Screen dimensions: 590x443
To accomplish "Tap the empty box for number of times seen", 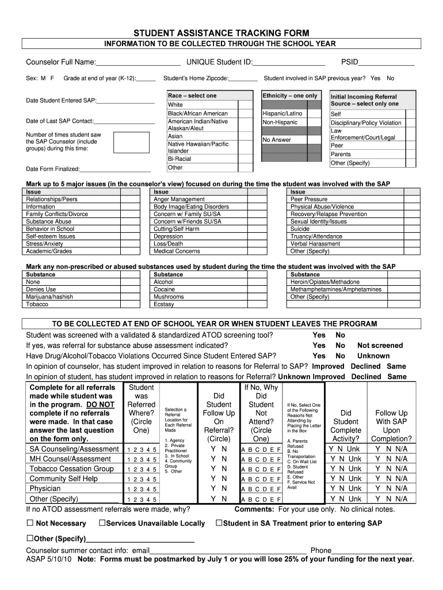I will pyautogui.click(x=131, y=143).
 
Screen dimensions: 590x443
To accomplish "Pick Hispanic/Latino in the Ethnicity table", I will pyautogui.click(x=282, y=114).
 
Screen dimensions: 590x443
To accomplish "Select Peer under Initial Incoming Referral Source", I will pyautogui.click(x=337, y=146).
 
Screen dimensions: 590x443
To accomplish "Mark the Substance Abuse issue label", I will pyautogui.click(x=49, y=221).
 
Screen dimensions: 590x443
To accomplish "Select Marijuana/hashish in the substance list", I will pyautogui.click(x=49, y=297).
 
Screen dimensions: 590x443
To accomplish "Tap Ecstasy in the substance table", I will pyautogui.click(x=164, y=304).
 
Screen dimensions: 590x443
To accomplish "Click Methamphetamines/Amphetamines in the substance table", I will pyautogui.click(x=336, y=289).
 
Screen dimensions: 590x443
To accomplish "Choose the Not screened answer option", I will pyautogui.click(x=380, y=345).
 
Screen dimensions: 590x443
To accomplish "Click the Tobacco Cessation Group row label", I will pyautogui.click(x=71, y=469).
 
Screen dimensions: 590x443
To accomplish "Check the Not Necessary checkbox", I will pyautogui.click(x=30, y=523).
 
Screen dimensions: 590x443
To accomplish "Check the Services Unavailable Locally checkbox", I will pyautogui.click(x=101, y=523).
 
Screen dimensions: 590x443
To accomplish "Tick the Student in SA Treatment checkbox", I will pyautogui.click(x=219, y=523).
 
